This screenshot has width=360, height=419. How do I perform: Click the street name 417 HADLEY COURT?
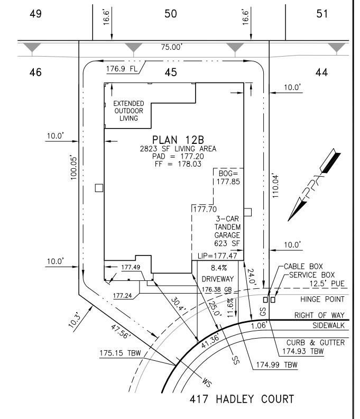241,399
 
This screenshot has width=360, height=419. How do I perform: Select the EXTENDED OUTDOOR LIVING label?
128,111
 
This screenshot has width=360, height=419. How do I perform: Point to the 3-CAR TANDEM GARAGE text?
227,231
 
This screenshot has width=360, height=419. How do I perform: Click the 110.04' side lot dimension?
274,184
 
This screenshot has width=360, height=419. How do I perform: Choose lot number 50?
170,14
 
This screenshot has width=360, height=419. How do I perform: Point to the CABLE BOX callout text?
303,267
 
